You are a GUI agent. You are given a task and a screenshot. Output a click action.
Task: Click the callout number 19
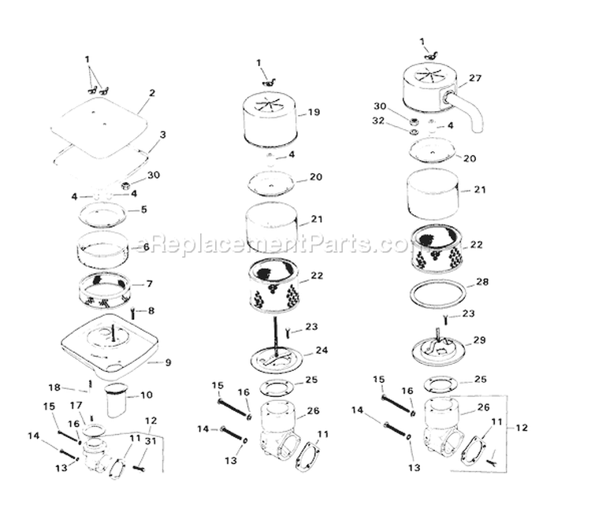pos(314,113)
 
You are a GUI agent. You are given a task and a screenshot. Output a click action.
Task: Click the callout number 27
pos(474,78)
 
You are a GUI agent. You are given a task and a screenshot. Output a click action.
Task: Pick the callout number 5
pos(143,210)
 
